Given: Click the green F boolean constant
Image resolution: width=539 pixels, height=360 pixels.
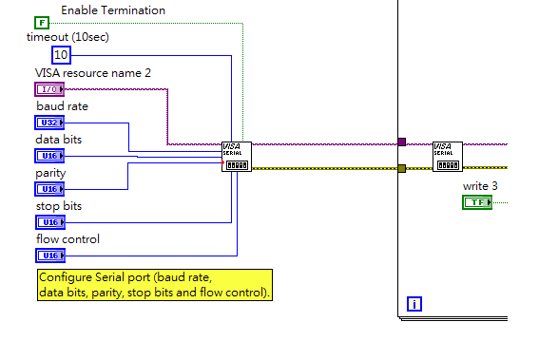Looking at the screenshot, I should tap(42, 22).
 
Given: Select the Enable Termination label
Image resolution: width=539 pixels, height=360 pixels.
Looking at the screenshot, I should tap(112, 9).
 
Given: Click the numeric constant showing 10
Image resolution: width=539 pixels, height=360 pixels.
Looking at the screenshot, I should tap(61, 54).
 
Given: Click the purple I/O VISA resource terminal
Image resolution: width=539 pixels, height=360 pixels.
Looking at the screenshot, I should tap(49, 88).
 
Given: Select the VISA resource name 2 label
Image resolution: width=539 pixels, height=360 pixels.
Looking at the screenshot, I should tap(92, 72).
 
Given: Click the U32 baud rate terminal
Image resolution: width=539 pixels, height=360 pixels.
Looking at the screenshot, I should tap(49, 122).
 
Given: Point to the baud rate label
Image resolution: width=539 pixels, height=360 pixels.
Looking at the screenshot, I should tap(62, 105).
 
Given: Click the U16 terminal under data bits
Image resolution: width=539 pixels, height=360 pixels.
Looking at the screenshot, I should tap(49, 155).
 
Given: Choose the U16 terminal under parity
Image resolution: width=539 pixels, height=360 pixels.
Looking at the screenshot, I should tap(49, 188).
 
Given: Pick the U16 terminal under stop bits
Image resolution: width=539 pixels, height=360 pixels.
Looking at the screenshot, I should tap(49, 221).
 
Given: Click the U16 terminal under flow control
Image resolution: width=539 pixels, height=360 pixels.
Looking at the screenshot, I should tap(49, 255).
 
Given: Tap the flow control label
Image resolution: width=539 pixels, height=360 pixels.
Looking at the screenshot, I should tap(67, 238).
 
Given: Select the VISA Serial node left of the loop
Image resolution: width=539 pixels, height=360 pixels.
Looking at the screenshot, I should tap(237, 158).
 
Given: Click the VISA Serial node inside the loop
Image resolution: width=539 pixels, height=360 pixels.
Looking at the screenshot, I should tap(447, 157).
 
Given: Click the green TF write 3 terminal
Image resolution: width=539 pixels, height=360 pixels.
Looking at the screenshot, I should tap(476, 202).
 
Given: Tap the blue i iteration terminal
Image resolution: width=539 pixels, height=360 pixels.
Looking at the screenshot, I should tap(414, 304).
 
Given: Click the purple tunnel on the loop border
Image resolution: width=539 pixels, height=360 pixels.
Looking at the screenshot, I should tap(401, 142).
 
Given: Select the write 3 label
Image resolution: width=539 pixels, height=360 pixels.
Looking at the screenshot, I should tap(480, 185).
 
